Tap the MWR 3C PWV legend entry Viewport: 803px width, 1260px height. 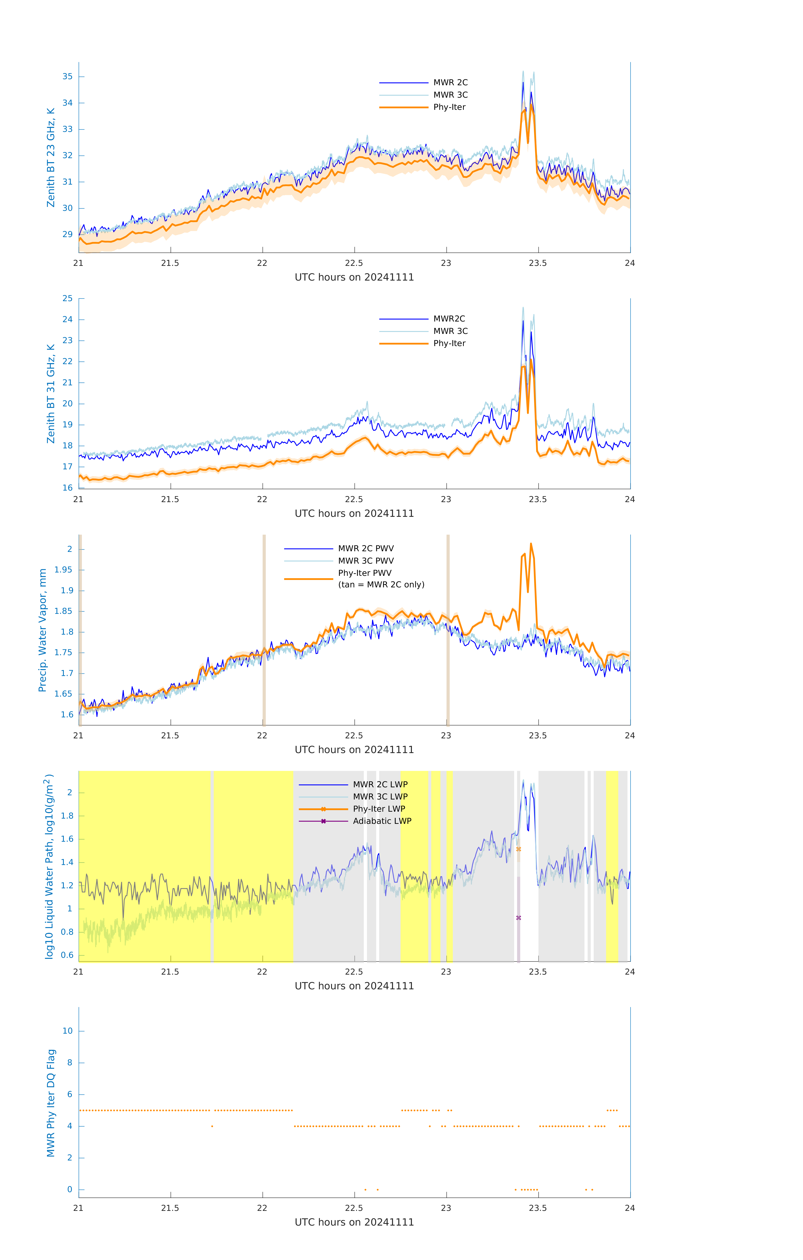[x=366, y=560]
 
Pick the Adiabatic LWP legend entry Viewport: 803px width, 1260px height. [x=382, y=821]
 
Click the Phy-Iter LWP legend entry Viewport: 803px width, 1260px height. [x=379, y=809]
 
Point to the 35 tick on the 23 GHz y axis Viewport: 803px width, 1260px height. [x=67, y=76]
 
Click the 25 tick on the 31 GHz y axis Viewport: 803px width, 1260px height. [x=67, y=298]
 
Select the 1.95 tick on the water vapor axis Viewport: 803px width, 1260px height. [x=63, y=570]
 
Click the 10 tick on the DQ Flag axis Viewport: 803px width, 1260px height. [x=67, y=1031]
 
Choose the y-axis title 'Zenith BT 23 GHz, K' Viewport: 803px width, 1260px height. [x=51, y=157]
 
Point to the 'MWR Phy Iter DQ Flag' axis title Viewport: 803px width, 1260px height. [x=51, y=1103]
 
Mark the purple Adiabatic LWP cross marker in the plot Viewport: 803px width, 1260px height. [x=518, y=918]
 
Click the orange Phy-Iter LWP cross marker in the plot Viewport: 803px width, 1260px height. [x=518, y=849]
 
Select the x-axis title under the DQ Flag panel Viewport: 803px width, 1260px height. [x=354, y=1222]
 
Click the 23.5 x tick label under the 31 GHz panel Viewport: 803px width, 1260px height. [x=538, y=499]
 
